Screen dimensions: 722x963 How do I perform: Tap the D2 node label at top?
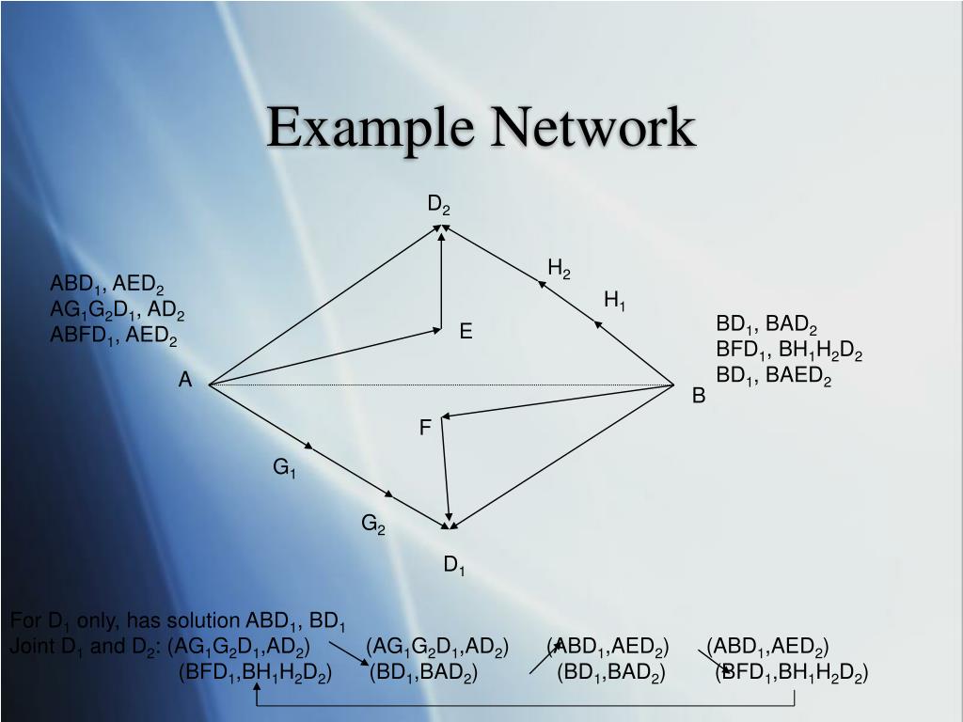click(439, 205)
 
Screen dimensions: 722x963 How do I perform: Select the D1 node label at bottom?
click(455, 565)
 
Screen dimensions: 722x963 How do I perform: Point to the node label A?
click(185, 380)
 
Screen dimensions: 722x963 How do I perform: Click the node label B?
click(699, 396)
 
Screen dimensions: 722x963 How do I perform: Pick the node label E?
click(466, 331)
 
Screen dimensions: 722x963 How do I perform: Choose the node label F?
click(425, 428)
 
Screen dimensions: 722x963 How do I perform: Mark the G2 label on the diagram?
click(373, 524)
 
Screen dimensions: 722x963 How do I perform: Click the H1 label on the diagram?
click(615, 300)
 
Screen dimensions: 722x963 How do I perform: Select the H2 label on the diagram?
click(559, 270)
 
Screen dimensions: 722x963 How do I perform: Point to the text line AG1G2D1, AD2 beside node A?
click(118, 310)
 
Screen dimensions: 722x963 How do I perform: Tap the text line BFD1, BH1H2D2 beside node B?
click(789, 351)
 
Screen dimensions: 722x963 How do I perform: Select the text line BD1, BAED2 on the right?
click(774, 376)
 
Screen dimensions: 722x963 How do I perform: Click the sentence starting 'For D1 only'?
click(179, 621)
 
